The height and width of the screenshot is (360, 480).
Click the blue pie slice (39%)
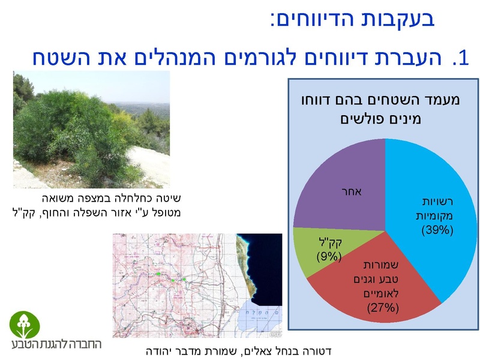click(429, 198)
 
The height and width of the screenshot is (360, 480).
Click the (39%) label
click(437, 229)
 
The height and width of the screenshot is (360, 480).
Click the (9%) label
click(329, 256)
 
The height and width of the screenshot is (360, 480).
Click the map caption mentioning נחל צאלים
click(239, 350)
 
